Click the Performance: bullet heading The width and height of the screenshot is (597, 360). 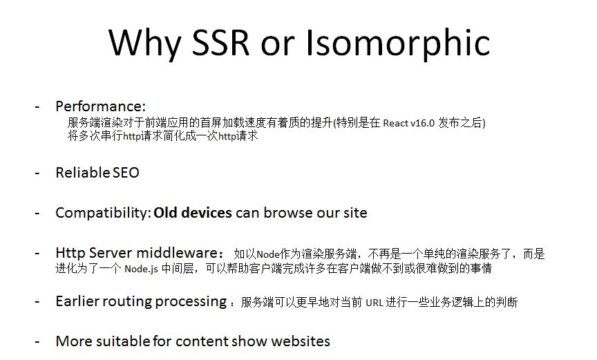tap(101, 106)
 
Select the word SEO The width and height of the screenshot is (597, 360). tap(126, 173)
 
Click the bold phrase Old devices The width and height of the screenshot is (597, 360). tap(193, 213)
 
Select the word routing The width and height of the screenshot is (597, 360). tap(129, 302)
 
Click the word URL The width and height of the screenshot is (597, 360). tap(375, 303)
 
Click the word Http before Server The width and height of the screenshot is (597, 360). tap(70, 253)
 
